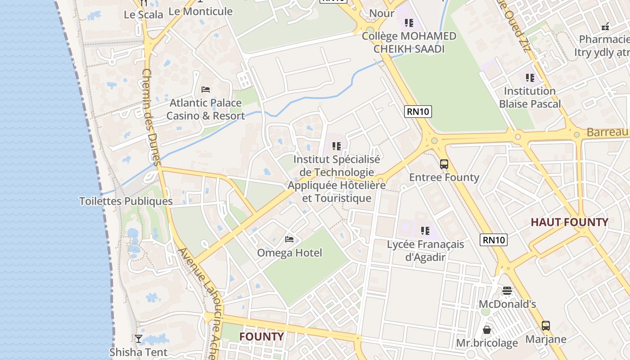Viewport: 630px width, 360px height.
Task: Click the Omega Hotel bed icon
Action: (289, 239)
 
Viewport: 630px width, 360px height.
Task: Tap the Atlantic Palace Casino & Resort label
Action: (206, 109)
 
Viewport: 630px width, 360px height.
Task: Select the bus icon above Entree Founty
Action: (444, 164)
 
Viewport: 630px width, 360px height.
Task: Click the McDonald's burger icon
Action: (507, 291)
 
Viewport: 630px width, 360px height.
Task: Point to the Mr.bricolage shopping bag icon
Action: (487, 330)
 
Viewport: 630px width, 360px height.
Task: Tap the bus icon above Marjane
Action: (545, 325)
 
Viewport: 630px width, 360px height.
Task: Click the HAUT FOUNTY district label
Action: (569, 222)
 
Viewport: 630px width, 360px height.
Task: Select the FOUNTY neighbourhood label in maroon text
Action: (261, 337)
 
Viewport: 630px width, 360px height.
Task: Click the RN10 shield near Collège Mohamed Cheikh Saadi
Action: (418, 111)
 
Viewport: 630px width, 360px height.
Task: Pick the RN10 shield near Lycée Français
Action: (494, 240)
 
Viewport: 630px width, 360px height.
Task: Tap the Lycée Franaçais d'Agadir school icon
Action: (425, 231)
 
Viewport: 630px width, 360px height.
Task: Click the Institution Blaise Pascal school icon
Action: (530, 77)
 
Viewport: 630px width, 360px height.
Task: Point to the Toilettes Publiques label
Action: (126, 201)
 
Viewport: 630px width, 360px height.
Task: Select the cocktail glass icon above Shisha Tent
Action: (139, 339)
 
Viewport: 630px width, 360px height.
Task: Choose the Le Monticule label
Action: (200, 11)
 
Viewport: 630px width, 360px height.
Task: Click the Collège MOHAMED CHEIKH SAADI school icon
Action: (409, 22)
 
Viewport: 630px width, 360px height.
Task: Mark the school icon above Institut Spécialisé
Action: (336, 146)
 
